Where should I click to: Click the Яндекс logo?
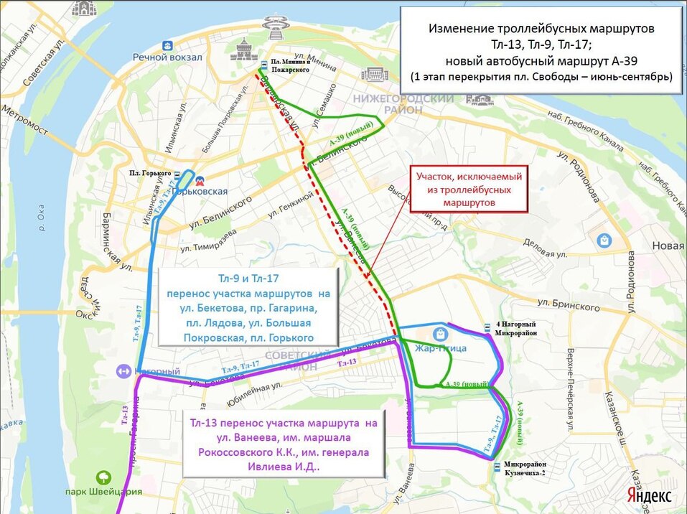pyautogui.click(x=649, y=496)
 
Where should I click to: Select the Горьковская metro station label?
pyautogui.click(x=207, y=191)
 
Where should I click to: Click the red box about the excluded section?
pyautogui.click(x=469, y=189)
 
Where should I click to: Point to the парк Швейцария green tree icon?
pyautogui.click(x=105, y=477)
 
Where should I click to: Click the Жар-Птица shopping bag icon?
pyautogui.click(x=439, y=333)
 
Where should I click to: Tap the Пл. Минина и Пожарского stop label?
pyautogui.click(x=291, y=66)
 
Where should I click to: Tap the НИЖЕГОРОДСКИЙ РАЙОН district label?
pyautogui.click(x=402, y=103)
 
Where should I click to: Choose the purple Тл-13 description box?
pyautogui.click(x=284, y=443)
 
